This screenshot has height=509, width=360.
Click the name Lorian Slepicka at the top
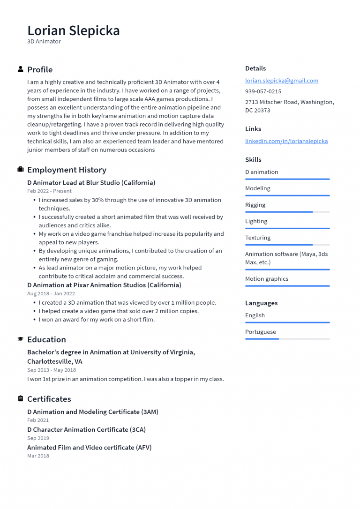pos(74,30)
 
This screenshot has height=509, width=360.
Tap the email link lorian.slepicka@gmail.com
pos(281,81)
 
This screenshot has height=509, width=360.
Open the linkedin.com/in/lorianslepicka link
pos(286,141)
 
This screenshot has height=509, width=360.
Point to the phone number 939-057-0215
pos(263,91)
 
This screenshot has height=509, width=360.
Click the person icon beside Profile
pos(21,69)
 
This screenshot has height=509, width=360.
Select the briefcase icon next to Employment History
pos(21,170)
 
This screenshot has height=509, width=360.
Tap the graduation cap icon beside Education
pos(21,339)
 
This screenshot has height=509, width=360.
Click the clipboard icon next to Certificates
pos(21,399)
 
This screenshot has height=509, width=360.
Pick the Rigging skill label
pos(255,205)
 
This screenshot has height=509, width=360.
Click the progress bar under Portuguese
pos(287,339)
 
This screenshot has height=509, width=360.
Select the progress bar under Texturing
pos(287,245)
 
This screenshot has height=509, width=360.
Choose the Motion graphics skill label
pos(266,279)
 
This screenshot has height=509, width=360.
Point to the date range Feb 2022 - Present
pos(49,191)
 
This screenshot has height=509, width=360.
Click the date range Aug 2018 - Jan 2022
pos(51,294)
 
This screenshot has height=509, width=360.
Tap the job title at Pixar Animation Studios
pos(104,285)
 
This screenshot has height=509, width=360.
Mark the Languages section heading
pos(261,303)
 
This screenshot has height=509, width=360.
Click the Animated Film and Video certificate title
pos(89,448)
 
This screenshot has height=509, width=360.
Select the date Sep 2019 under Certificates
pos(38,438)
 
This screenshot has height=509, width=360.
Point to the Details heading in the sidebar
pos(255,68)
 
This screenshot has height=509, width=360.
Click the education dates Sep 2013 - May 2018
pos(51,370)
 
